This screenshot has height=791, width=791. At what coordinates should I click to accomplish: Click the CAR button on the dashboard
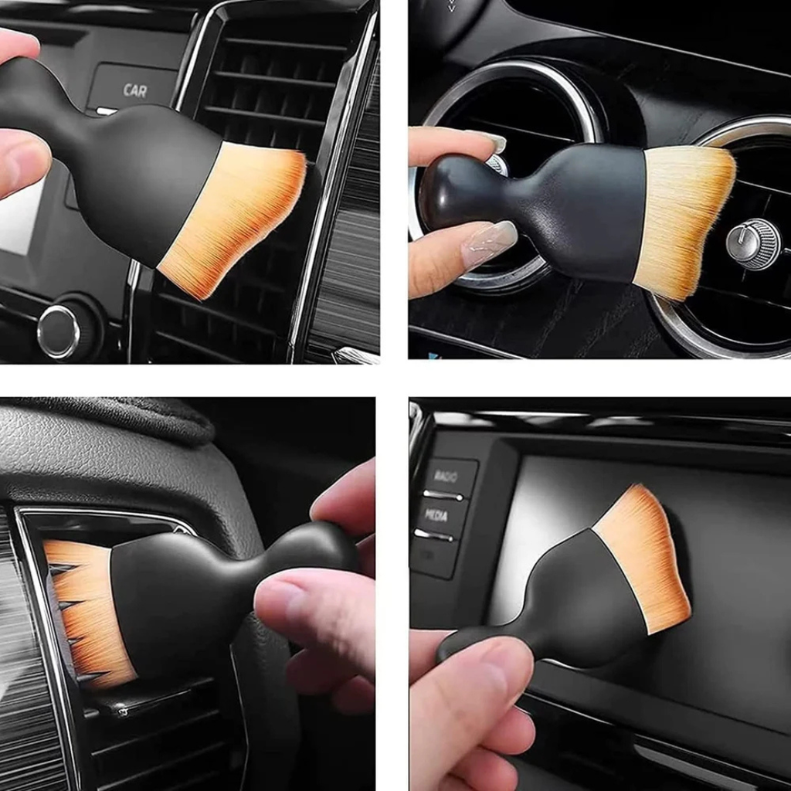coord(134,89)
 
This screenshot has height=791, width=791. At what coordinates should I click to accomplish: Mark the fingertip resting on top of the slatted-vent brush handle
coord(340,502)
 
